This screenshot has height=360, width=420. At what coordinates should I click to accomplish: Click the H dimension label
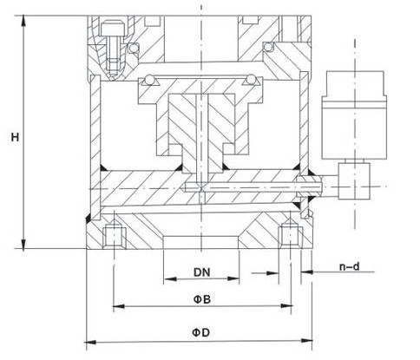tap(15, 137)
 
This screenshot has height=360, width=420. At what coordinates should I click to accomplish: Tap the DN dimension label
tap(201, 272)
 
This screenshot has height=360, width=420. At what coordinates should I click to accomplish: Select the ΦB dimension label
tap(201, 299)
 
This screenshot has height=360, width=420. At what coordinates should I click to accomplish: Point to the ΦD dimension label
tap(200, 332)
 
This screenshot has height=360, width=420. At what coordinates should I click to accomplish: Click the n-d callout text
tap(350, 266)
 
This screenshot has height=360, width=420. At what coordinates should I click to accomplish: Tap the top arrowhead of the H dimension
tap(23, 21)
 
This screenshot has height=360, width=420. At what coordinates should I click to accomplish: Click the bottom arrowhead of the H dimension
tap(23, 244)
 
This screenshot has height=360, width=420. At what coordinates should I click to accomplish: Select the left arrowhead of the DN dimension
tap(170, 278)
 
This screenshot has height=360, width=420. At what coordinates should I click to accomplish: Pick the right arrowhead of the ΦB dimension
tap(286, 305)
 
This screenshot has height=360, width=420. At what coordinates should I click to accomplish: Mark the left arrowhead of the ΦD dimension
tap(90, 342)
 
